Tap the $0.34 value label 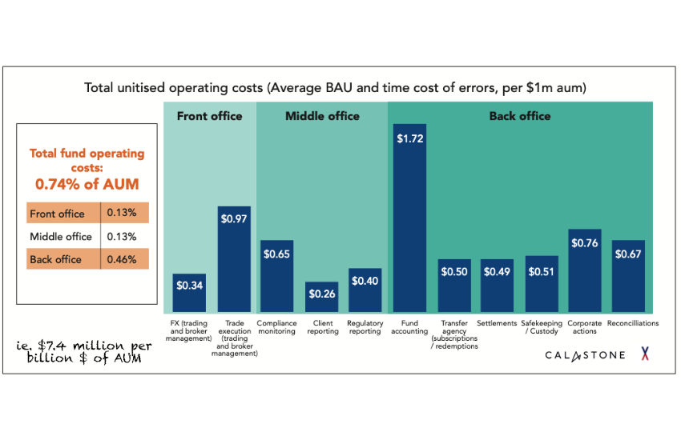[190, 286]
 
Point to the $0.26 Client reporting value [321, 294]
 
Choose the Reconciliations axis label [633, 323]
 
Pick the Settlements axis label [497, 323]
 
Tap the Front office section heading [209, 116]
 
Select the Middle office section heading [322, 116]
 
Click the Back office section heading [520, 116]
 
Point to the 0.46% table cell [124, 259]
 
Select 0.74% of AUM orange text [87, 184]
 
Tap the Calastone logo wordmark [585, 354]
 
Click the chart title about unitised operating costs [340, 86]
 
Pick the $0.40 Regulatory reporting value [365, 282]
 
